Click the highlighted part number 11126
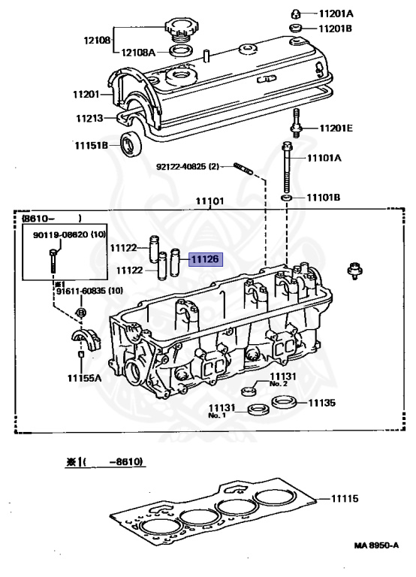pyautogui.click(x=205, y=259)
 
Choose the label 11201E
pyautogui.click(x=335, y=128)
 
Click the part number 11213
pyautogui.click(x=89, y=118)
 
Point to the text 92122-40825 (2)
pyautogui.click(x=187, y=166)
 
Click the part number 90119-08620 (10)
pyautogui.click(x=68, y=235)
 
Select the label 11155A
pyautogui.click(x=83, y=377)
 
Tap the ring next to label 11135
pyautogui.click(x=283, y=402)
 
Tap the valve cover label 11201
pyautogui.click(x=87, y=94)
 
